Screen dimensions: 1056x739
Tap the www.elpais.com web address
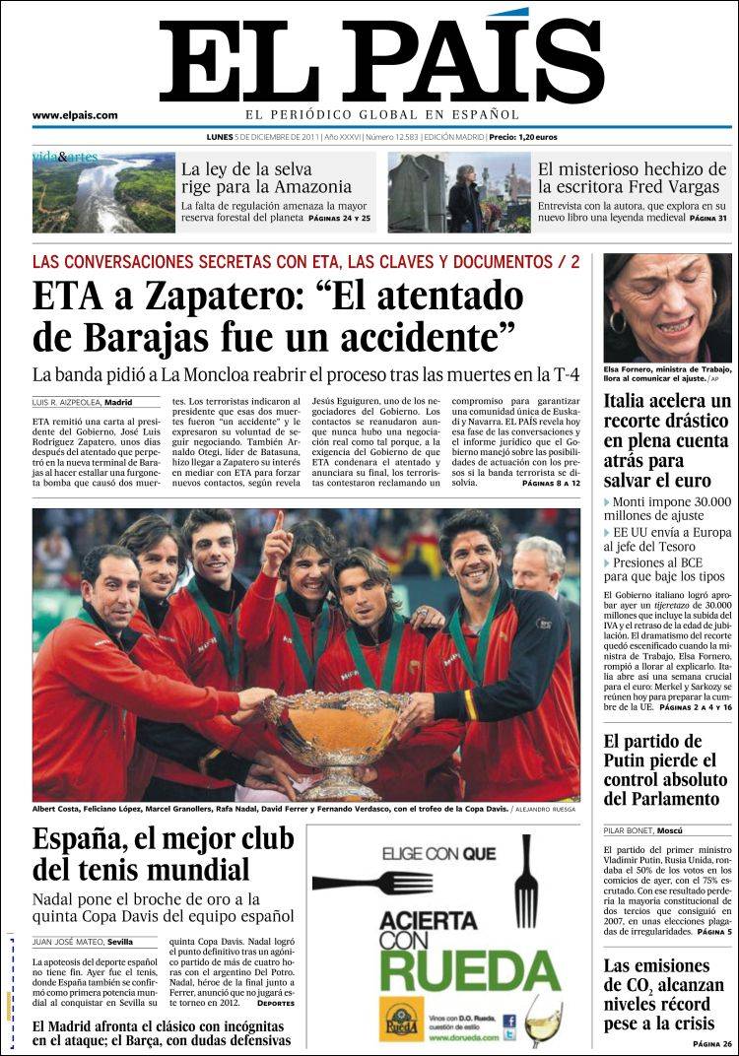click(x=75, y=115)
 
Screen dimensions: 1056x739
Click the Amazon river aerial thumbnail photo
click(x=103, y=192)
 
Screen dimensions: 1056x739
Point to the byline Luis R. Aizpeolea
click(x=82, y=403)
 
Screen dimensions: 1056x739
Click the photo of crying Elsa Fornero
click(x=668, y=307)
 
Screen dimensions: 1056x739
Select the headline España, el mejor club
click(x=163, y=854)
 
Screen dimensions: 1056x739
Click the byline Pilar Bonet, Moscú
click(x=644, y=830)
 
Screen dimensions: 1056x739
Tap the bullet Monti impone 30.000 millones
click(x=668, y=510)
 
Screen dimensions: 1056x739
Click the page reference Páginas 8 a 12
click(x=551, y=485)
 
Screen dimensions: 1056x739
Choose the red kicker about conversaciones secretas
click(x=305, y=262)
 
